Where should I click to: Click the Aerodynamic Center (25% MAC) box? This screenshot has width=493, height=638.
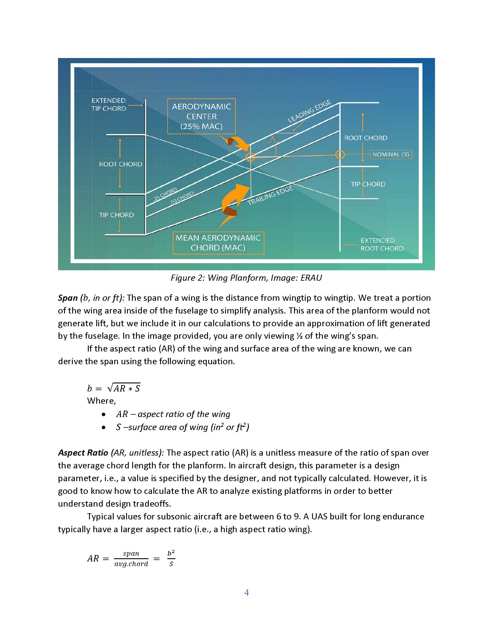(201, 116)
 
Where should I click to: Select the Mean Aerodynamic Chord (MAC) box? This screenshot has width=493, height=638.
(218, 243)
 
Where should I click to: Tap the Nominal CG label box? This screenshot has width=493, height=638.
(391, 154)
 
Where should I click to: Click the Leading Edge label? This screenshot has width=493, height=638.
(310, 111)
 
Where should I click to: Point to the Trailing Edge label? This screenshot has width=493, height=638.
(270, 195)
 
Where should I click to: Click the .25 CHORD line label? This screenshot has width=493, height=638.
(165, 195)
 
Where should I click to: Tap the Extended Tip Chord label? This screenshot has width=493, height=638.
(109, 104)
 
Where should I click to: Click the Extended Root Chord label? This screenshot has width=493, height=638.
(382, 244)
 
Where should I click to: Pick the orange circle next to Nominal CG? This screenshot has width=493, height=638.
(340, 155)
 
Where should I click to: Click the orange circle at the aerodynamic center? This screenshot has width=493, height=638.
(250, 157)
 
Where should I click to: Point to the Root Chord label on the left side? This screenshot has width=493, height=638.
(120, 164)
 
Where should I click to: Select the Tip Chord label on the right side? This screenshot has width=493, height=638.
(368, 184)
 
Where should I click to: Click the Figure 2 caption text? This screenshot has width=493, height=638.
(246, 278)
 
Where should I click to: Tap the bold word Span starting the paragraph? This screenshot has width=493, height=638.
(68, 298)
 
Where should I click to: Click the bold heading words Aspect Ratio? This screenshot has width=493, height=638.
(83, 452)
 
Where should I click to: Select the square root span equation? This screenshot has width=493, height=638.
(114, 388)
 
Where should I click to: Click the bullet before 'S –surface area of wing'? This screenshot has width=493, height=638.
(104, 427)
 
